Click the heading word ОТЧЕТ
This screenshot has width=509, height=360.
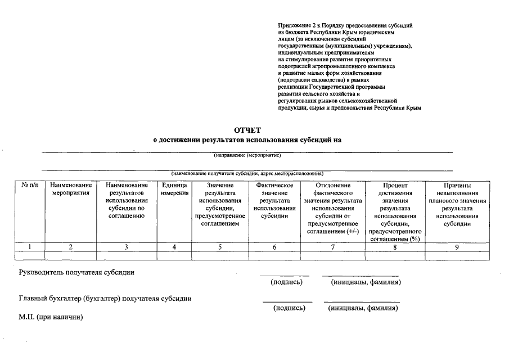coord(248,130)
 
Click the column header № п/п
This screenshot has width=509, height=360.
coord(30,185)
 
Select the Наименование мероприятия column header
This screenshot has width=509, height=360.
coord(70,189)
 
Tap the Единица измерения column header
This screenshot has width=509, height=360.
coord(174,189)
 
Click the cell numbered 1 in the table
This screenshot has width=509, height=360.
coord(30,246)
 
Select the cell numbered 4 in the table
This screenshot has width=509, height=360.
coord(174,246)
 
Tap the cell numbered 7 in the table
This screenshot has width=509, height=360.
coord(333,246)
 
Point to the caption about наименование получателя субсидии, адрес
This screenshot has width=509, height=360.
coord(247,173)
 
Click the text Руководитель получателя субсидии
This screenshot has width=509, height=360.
coord(77,273)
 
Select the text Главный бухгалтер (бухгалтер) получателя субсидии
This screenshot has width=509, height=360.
coord(105,299)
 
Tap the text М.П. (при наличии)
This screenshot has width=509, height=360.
coord(51,318)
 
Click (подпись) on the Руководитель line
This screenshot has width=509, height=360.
coord(286,282)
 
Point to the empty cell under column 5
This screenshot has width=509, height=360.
coord(220,255)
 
